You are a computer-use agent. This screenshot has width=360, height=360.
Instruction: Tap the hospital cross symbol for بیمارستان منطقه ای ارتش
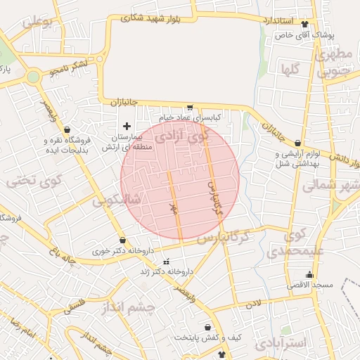click(127, 125)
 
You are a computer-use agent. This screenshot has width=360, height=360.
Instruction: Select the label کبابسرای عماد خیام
click(190, 116)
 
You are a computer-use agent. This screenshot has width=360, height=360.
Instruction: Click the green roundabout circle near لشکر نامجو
click(33, 77)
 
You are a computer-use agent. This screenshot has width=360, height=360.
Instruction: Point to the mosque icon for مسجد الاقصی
click(309, 275)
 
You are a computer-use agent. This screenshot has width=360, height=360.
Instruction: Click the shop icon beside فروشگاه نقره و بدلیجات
click(67, 130)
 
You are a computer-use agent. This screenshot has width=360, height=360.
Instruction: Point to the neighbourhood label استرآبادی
click(282, 343)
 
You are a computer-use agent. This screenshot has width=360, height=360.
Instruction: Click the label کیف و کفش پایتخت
click(208, 337)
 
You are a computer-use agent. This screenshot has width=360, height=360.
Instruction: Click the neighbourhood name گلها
click(292, 70)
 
